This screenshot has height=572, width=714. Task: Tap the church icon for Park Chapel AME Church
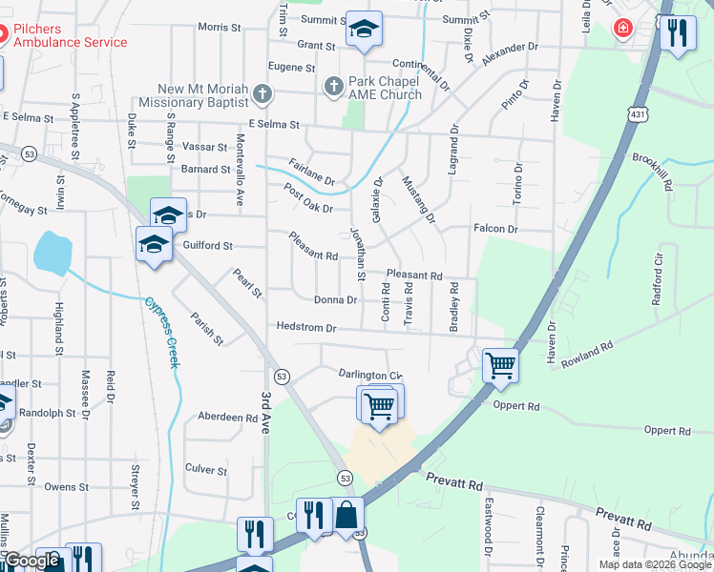coord(334,87)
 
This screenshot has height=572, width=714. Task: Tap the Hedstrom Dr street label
coord(306,328)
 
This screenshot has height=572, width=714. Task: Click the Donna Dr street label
coord(336,299)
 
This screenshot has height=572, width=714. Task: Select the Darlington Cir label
coord(370,375)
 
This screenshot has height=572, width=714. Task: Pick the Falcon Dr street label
coord(495,230)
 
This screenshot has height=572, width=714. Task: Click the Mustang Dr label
coord(418,200)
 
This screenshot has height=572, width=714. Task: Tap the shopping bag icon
coord(348,517)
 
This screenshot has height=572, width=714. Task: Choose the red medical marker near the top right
coord(623,29)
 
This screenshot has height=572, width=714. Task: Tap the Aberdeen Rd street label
coord(227,418)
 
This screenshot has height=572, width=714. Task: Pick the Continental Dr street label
coord(427,72)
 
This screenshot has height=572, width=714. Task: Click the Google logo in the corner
coord(31,561)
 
